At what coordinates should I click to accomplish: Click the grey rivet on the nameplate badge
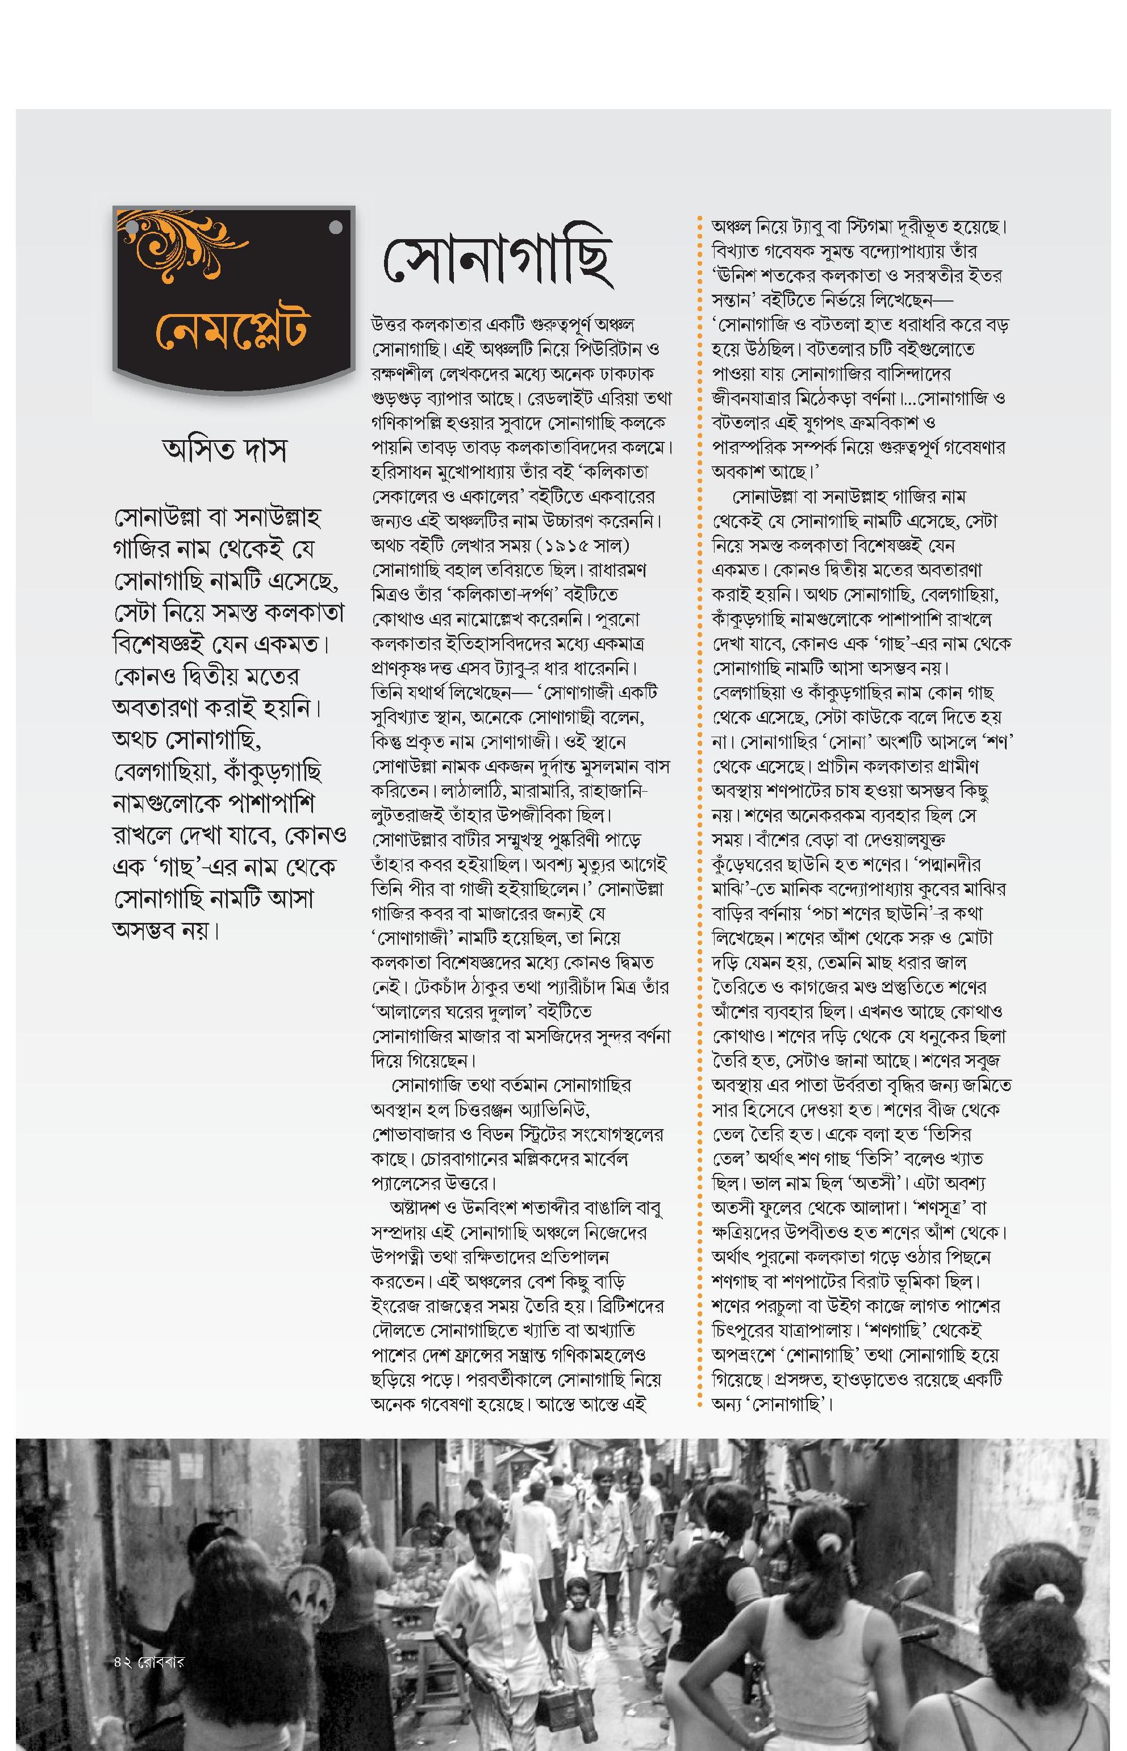click(336, 228)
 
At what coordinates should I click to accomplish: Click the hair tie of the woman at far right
click(1049, 1594)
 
